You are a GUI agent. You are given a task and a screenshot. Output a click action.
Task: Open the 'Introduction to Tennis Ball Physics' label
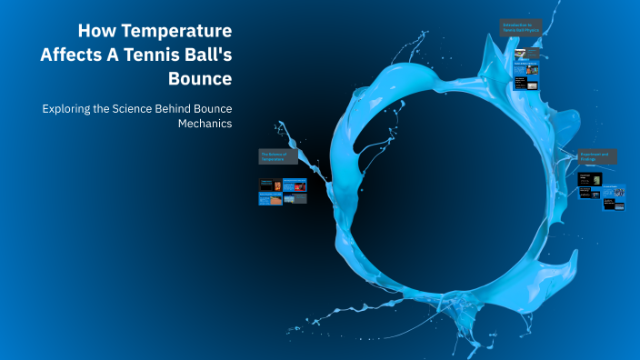point(521,27)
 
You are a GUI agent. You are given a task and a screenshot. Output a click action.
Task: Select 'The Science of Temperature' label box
point(278,156)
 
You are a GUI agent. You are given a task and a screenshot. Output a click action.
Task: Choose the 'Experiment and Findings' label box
point(599,157)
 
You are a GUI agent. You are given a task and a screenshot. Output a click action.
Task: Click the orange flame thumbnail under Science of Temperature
point(268,185)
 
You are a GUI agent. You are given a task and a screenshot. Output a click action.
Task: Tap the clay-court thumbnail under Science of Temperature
point(269,198)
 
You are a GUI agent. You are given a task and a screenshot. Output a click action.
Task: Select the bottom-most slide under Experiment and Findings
point(614,205)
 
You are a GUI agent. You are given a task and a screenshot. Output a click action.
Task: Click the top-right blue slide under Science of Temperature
point(295,185)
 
